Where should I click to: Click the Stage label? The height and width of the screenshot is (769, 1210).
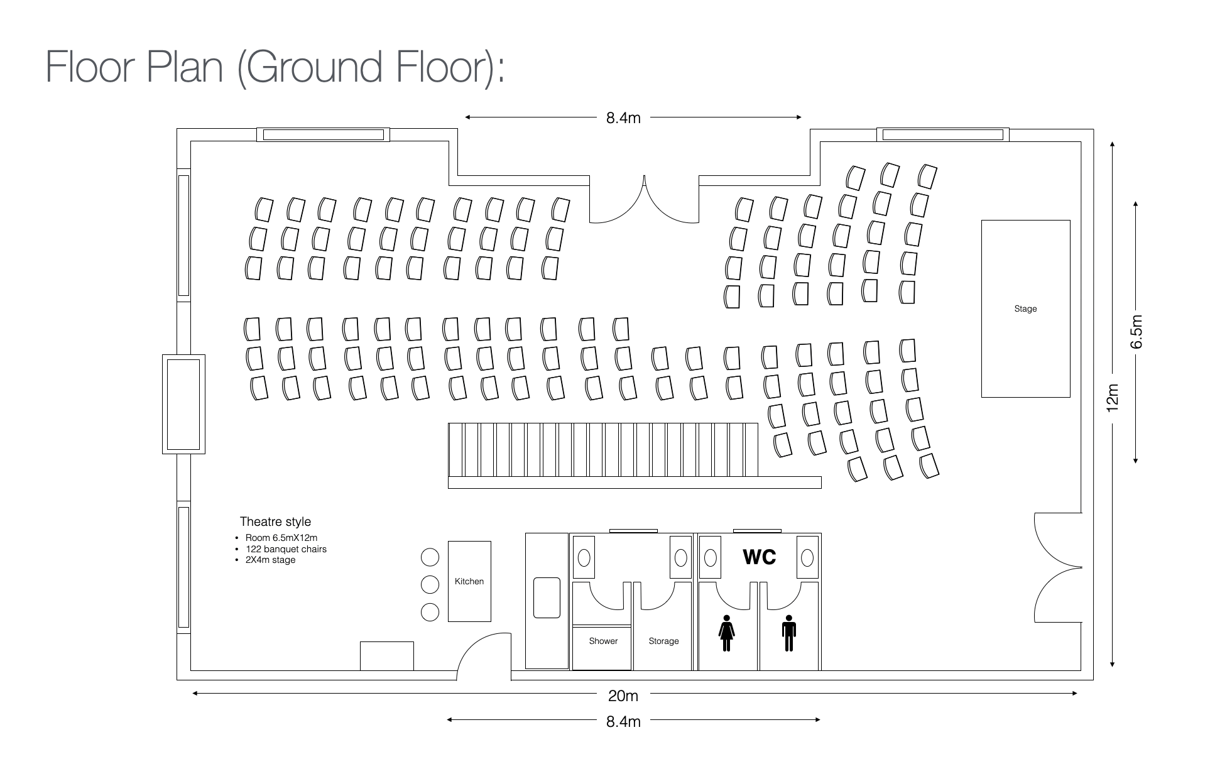point(1025,308)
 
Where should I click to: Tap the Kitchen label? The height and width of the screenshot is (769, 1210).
point(469,581)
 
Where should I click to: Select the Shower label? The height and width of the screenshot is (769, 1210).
point(603,641)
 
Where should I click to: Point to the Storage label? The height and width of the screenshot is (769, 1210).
point(663,641)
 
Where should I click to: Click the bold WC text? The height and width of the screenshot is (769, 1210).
point(759,557)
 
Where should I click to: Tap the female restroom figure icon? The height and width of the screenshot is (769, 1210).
point(727,633)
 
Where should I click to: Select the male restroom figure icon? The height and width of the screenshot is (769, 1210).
point(789,633)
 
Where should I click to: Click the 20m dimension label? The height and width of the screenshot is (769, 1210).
point(623,695)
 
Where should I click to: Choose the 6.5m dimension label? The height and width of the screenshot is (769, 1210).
point(1136,331)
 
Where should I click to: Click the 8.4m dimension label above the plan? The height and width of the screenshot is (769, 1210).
point(623,118)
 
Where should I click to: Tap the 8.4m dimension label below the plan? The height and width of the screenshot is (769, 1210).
point(623,721)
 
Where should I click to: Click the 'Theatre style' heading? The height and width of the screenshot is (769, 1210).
point(275,521)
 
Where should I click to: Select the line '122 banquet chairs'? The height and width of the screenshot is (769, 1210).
point(286,549)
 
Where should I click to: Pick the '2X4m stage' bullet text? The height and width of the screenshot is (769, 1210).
point(270,560)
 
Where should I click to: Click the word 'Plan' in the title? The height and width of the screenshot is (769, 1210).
point(185,67)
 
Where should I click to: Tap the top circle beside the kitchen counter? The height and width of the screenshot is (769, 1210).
point(430,557)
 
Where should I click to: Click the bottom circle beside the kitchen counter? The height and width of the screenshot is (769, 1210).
point(430,611)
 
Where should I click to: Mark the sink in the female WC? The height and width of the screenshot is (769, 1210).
point(711,557)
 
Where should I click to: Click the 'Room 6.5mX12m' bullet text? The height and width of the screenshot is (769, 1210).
point(281,538)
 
